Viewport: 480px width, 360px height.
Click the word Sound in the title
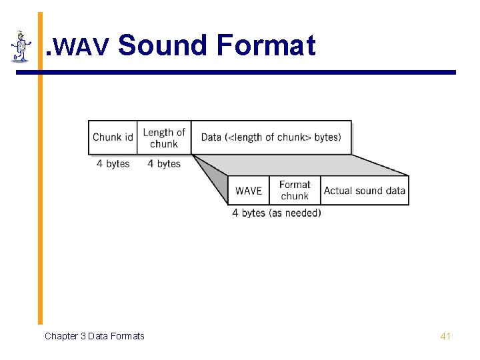point(163,46)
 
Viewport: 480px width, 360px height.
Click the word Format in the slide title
point(265,46)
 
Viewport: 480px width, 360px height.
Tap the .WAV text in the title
point(77,47)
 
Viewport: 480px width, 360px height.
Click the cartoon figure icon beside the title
point(21,46)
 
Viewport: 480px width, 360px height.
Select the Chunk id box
point(113,137)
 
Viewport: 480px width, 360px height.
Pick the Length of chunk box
point(164,137)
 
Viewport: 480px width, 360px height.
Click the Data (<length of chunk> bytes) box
point(271,137)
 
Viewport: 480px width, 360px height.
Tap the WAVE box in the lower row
point(249,191)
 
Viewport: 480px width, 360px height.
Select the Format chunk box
point(295,190)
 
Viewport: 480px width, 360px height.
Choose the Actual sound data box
point(365,191)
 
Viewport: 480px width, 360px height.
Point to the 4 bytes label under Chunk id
point(113,163)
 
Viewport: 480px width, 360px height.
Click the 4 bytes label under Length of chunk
point(164,163)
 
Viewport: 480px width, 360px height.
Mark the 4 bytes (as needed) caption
point(277,213)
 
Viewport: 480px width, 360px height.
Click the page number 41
point(446,336)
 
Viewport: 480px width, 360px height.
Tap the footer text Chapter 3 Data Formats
point(94,336)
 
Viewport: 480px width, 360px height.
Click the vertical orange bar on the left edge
point(40,200)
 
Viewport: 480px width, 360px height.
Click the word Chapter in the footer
point(61,336)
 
